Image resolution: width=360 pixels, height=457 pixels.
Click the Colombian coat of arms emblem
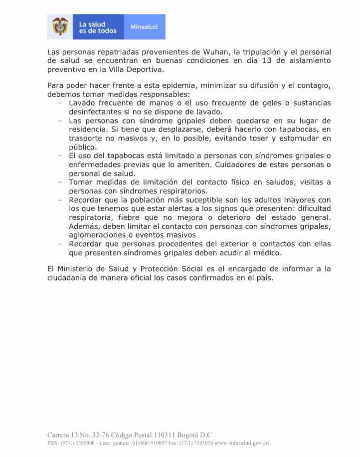point(60,26)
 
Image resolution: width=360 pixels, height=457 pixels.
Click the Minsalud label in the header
point(144,27)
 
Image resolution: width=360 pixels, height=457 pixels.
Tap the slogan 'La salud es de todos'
point(97,27)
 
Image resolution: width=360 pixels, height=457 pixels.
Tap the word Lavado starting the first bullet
point(81,103)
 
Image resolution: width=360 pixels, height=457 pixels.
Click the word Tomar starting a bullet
point(79,182)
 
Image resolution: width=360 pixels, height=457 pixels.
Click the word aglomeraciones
point(101,235)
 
